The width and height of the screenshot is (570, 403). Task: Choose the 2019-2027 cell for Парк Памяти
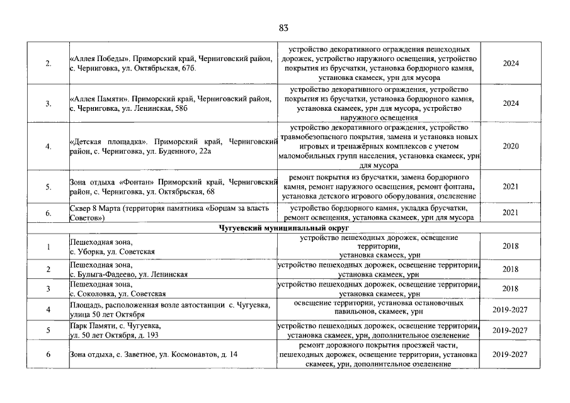click(x=510, y=330)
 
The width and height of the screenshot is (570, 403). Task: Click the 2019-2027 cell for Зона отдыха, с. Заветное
click(x=510, y=355)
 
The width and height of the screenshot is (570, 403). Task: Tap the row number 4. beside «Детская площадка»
click(x=48, y=146)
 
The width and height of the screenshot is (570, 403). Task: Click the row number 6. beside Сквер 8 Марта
click(x=48, y=212)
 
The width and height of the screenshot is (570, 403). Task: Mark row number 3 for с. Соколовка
click(x=48, y=288)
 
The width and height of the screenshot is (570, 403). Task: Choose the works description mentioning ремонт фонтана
click(x=378, y=186)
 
